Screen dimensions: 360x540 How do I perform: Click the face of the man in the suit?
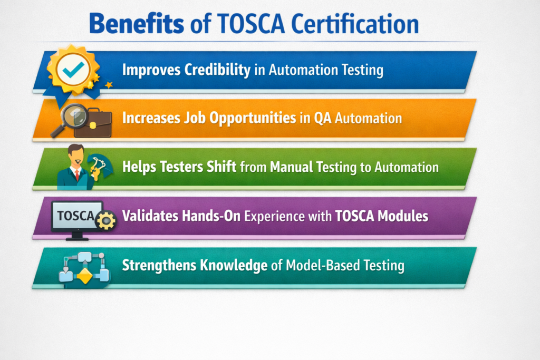pyautogui.click(x=76, y=155)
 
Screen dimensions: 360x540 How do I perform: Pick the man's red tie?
pyautogui.click(x=76, y=173)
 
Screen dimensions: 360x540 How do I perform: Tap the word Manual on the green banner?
pyautogui.click(x=292, y=167)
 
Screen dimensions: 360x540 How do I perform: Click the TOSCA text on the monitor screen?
pyautogui.click(x=74, y=216)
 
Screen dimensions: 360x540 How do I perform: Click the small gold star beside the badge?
pyautogui.click(x=109, y=84)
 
